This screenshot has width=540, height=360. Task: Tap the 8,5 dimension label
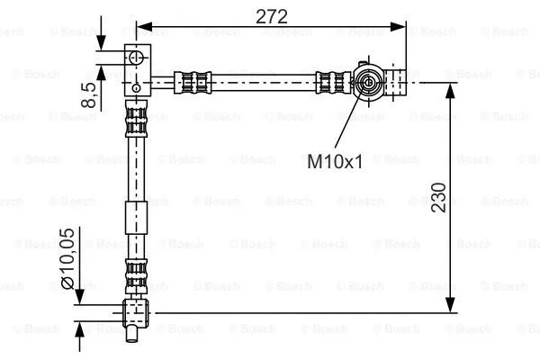[87, 94]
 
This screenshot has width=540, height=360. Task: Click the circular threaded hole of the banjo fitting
[368, 85]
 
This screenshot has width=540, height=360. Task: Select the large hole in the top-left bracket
[136, 58]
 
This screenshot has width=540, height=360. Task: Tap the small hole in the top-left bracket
[135, 87]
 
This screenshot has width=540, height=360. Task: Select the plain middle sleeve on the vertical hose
[135, 219]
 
